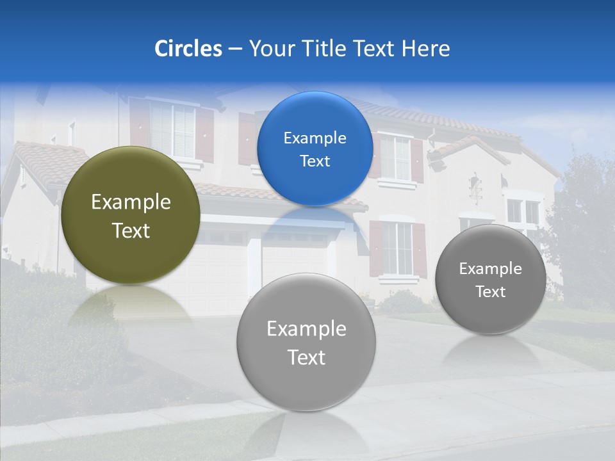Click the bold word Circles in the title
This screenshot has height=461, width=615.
click(188, 49)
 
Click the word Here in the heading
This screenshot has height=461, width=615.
click(425, 49)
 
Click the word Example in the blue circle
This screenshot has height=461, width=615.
click(315, 138)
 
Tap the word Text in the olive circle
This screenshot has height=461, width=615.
click(131, 230)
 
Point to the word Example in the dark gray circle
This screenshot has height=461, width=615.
click(490, 268)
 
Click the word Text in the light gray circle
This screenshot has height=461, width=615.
click(306, 357)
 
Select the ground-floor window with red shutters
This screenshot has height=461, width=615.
click(397, 248)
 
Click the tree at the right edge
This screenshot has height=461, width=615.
click(580, 218)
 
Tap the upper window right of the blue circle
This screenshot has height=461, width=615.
click(395, 157)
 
